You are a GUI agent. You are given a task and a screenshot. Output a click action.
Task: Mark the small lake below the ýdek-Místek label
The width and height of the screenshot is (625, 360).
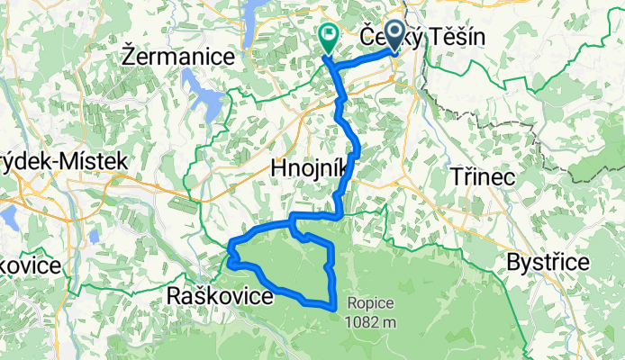click(10, 217)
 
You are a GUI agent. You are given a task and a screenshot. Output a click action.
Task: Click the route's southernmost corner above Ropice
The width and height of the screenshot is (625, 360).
click(336, 307)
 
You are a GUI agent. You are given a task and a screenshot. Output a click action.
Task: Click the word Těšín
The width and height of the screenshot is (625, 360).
click(456, 36)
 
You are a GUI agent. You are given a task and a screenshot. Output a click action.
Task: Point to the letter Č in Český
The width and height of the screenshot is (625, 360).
click(367, 36)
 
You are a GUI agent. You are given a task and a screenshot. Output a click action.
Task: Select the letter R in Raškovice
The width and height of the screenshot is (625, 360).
click(175, 296)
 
